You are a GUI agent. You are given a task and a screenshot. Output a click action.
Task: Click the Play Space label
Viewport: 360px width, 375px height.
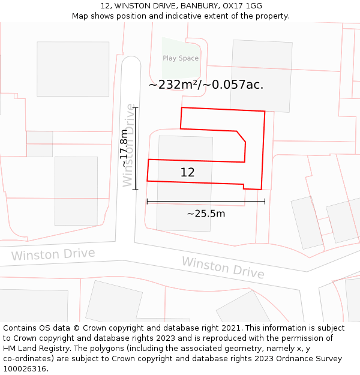coord(181,58)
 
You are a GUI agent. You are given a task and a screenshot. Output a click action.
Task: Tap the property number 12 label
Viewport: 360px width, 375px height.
coord(187,172)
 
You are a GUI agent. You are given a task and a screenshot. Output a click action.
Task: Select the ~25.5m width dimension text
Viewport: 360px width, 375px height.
coord(206,214)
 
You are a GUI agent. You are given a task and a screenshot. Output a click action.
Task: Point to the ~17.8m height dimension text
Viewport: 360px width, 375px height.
coord(124,149)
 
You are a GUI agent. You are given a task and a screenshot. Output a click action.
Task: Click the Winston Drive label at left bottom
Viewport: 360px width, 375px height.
coord(53,254)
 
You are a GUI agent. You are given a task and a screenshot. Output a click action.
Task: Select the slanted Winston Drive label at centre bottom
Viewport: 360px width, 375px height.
coord(223,268)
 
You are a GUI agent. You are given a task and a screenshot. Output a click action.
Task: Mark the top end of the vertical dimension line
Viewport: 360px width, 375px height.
coord(136,107)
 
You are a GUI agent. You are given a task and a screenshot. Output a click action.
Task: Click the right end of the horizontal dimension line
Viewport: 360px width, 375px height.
coord(265,202)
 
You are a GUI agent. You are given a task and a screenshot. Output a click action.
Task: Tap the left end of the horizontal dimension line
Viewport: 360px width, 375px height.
coord(147,202)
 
